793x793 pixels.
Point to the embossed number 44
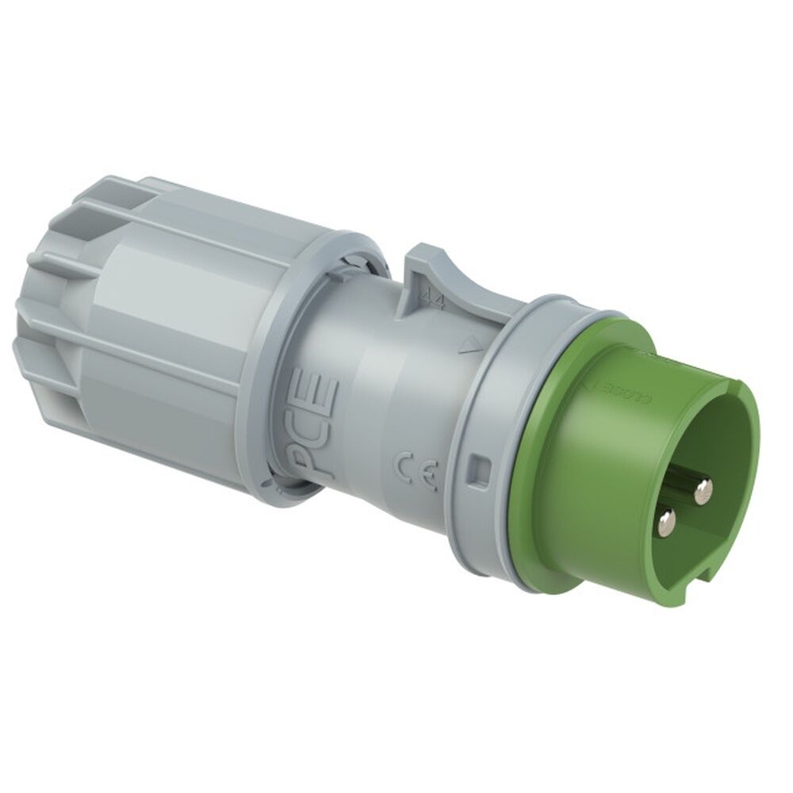(x=434, y=300)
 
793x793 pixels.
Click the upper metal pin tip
(x=702, y=494)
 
